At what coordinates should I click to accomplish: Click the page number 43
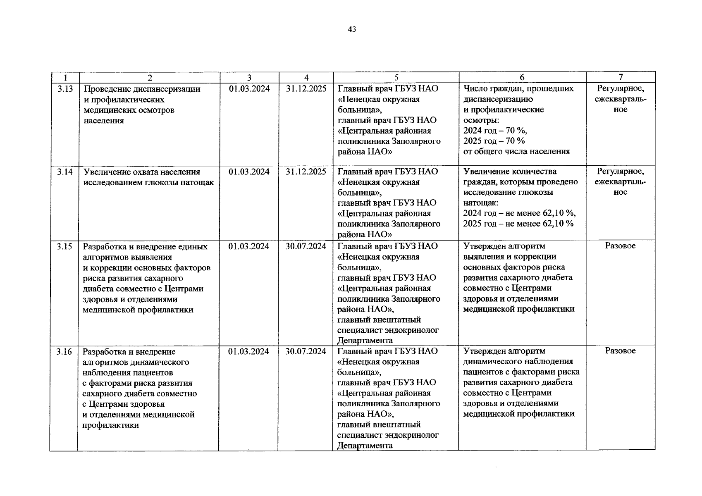tap(352, 29)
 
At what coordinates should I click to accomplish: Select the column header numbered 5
tap(396, 77)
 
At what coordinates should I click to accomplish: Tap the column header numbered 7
tap(621, 77)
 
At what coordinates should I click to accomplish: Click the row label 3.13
tap(65, 88)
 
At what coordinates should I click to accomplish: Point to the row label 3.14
tap(65, 172)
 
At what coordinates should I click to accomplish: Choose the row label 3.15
tap(65, 246)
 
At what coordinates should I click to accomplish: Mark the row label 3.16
tap(65, 351)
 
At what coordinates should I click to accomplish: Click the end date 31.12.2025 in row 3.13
tap(306, 88)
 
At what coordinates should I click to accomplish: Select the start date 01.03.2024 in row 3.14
tap(249, 172)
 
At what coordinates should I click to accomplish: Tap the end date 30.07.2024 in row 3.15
tap(306, 246)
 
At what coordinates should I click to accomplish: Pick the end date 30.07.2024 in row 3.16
tap(306, 351)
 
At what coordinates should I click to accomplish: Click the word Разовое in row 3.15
tap(620, 246)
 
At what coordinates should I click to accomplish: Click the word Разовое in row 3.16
tap(620, 351)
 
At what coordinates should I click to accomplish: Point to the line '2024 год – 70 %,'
tap(495, 131)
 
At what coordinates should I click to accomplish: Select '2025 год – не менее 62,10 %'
tap(518, 224)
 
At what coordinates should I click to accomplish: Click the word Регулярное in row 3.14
tap(621, 171)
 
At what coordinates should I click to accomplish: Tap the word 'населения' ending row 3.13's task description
tap(104, 121)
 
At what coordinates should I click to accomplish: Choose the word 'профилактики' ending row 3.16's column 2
tap(111, 425)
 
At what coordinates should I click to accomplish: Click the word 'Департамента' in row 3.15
tap(365, 341)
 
